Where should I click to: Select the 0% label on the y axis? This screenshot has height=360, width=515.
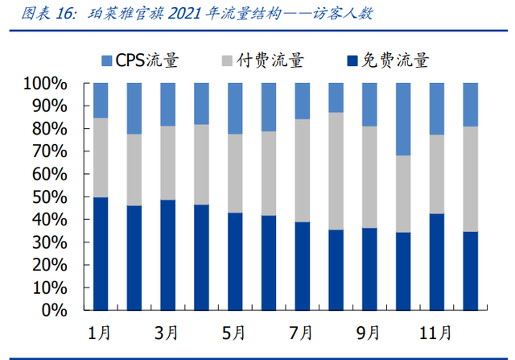tap(61, 310)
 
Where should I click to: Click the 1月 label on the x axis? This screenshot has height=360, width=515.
tap(101, 332)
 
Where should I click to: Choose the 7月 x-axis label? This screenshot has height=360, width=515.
tap(303, 332)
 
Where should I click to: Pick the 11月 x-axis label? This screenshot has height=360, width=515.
tap(436, 332)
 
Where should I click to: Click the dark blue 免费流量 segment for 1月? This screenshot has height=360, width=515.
tap(101, 254)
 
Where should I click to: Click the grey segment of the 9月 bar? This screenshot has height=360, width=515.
tap(369, 177)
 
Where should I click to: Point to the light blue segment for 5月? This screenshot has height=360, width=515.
tap(235, 108)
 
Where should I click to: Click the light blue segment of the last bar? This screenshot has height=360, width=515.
tap(470, 105)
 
